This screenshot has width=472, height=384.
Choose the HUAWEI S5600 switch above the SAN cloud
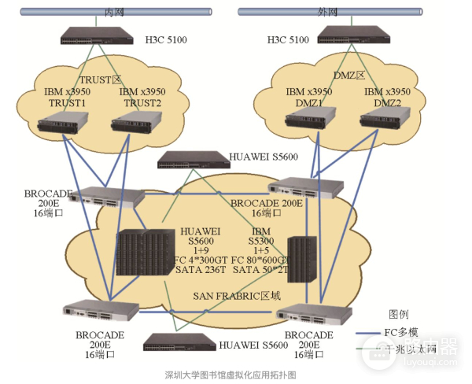192,160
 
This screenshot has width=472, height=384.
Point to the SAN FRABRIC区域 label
238,295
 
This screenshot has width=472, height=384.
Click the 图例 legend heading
401,313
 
